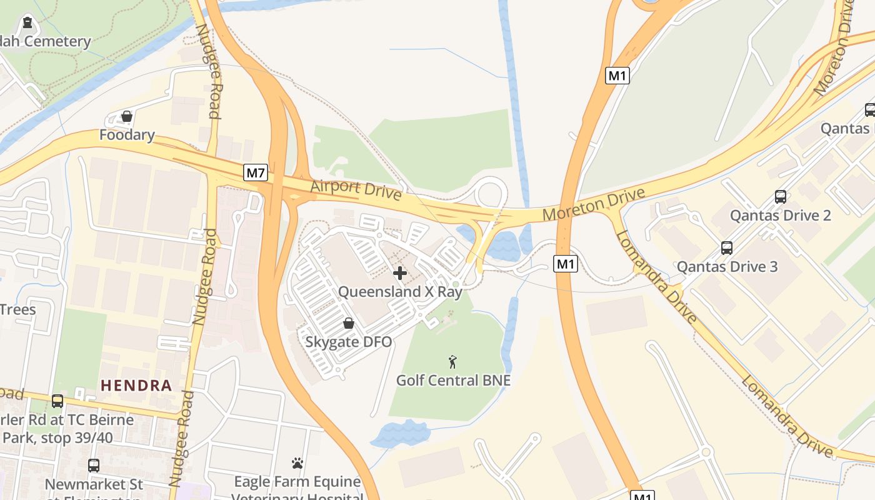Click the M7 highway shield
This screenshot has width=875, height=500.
(x=256, y=172)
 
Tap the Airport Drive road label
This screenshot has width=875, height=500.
(x=356, y=189)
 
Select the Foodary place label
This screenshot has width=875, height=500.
(x=127, y=135)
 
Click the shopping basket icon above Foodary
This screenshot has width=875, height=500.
(x=127, y=116)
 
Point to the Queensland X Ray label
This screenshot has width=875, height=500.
(x=400, y=292)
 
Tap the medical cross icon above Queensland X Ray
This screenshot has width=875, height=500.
(x=400, y=273)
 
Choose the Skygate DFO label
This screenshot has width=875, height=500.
(x=349, y=342)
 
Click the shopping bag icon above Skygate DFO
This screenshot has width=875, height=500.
(x=349, y=323)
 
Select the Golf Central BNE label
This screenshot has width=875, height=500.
(x=453, y=380)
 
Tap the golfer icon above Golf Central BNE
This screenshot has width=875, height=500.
(x=453, y=361)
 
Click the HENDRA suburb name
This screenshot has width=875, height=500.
(x=136, y=385)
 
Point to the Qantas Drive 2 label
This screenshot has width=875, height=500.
(x=781, y=216)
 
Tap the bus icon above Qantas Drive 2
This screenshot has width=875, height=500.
(x=781, y=197)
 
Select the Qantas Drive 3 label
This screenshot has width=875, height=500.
(x=727, y=267)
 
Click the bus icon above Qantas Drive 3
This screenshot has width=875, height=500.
(x=727, y=247)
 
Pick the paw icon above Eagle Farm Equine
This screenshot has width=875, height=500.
(x=297, y=463)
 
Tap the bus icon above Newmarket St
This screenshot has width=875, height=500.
(x=94, y=466)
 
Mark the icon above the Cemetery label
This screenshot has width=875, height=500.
(x=27, y=23)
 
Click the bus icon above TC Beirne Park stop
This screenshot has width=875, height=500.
(x=57, y=401)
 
